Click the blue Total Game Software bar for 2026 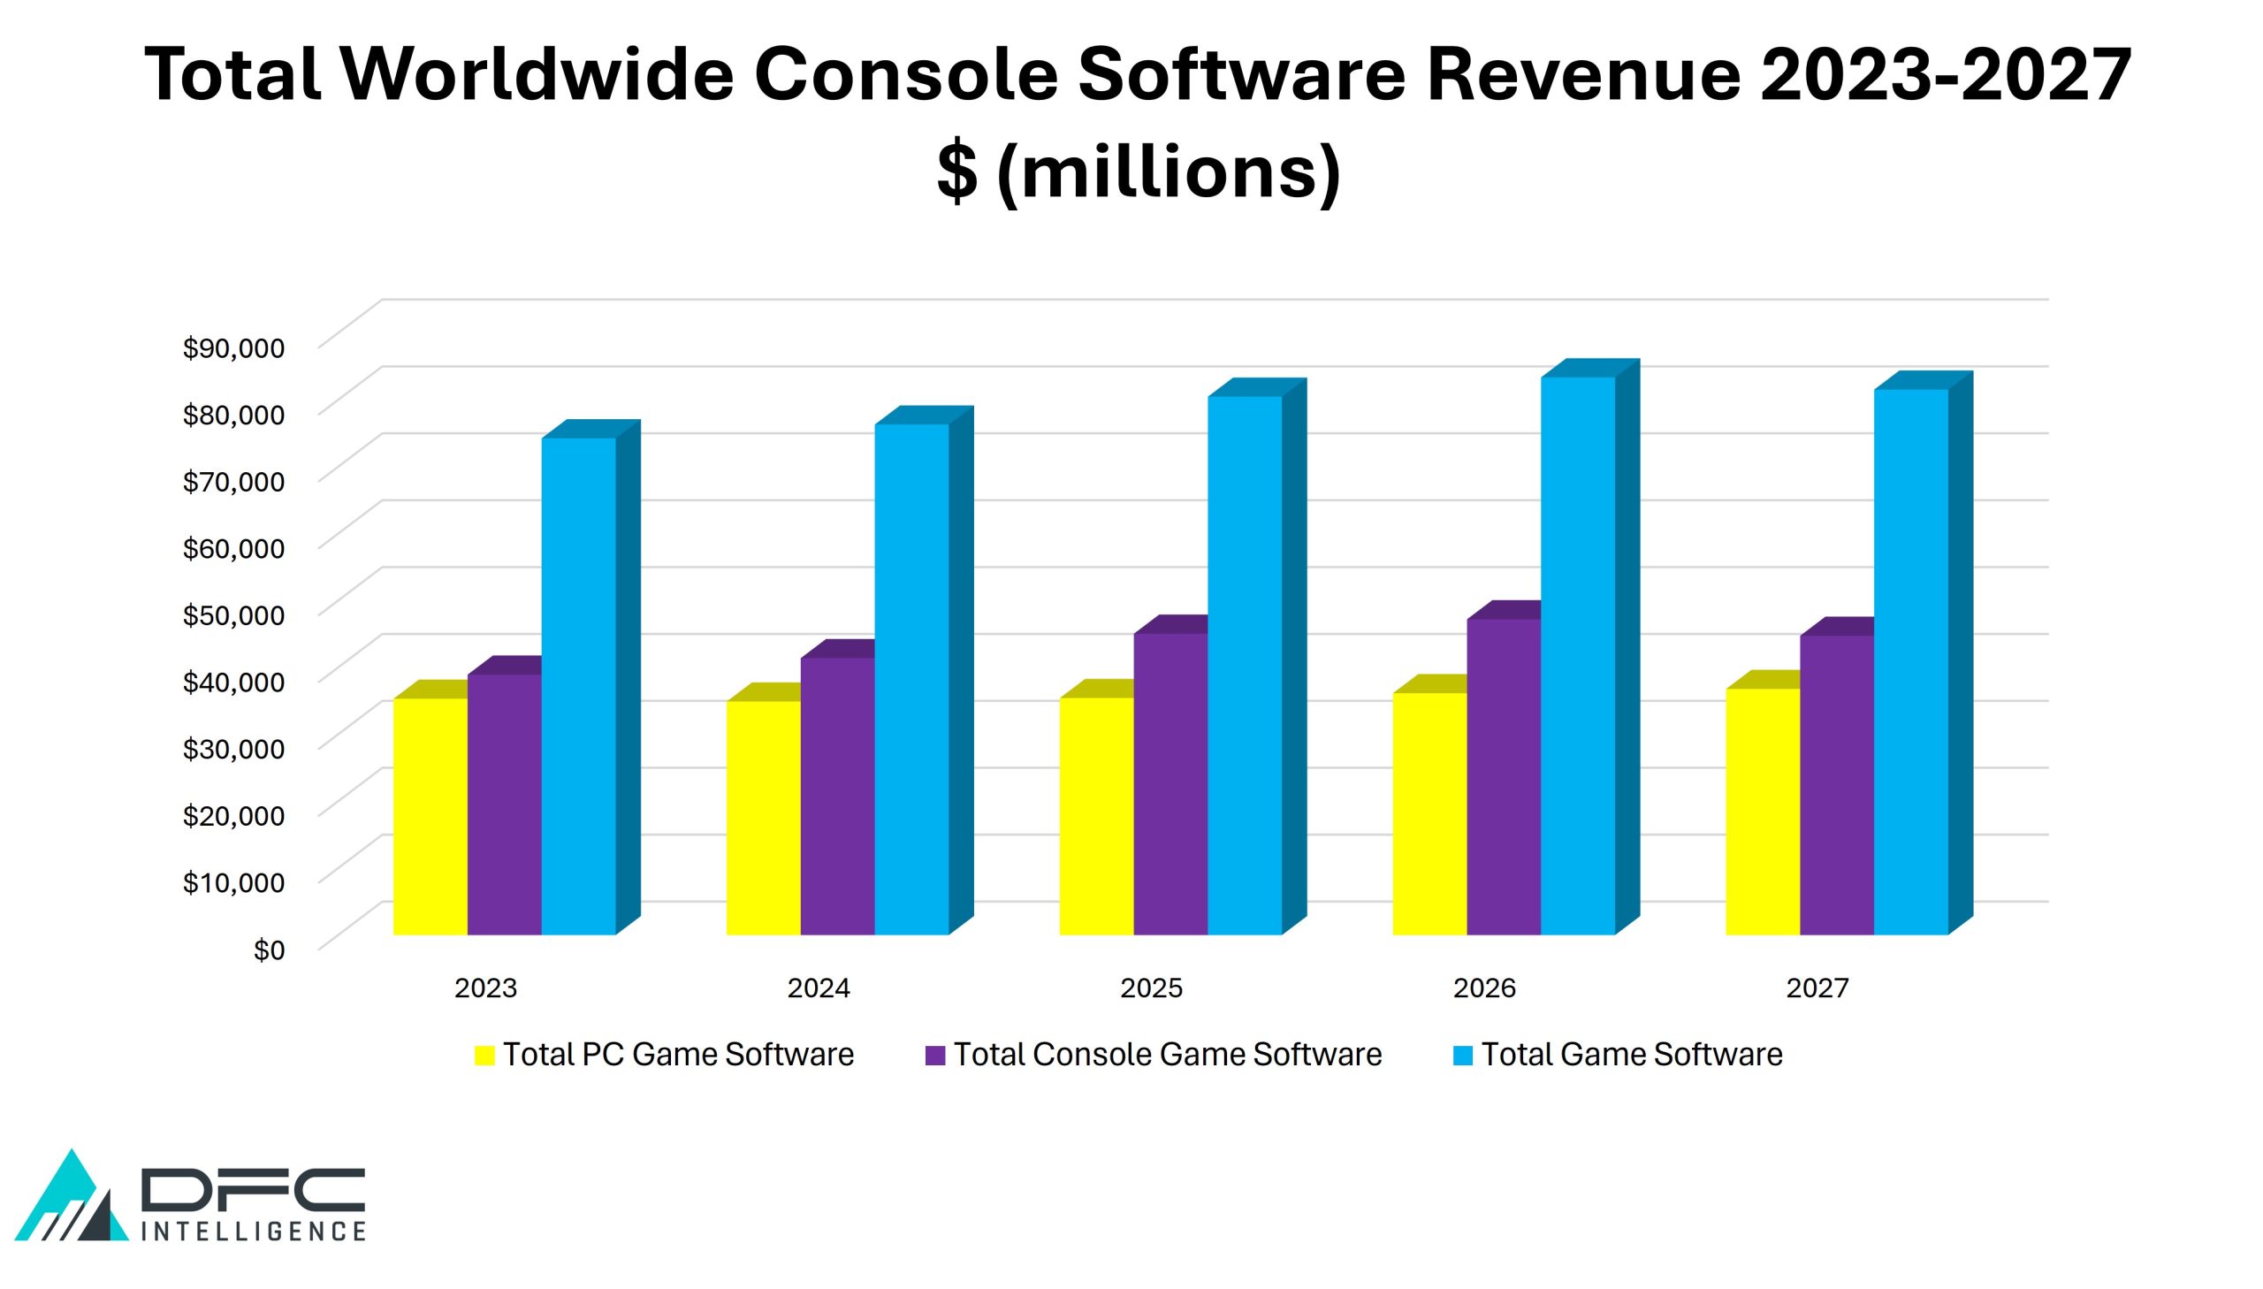tap(1577, 655)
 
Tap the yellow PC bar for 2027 tap(1762, 811)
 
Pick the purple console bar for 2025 tap(1170, 783)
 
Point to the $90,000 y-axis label tap(233, 348)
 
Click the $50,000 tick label tap(233, 615)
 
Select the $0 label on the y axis tap(269, 950)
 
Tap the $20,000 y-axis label tap(233, 815)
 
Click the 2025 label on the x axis tap(1151, 988)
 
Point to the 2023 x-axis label tap(485, 988)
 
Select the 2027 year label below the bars tap(1817, 988)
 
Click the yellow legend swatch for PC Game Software tap(484, 1056)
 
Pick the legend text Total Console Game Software tap(1168, 1055)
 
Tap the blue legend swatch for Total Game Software tap(1462, 1056)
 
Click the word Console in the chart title tap(905, 74)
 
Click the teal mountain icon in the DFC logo tap(71, 1195)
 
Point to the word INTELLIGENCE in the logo tap(253, 1232)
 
